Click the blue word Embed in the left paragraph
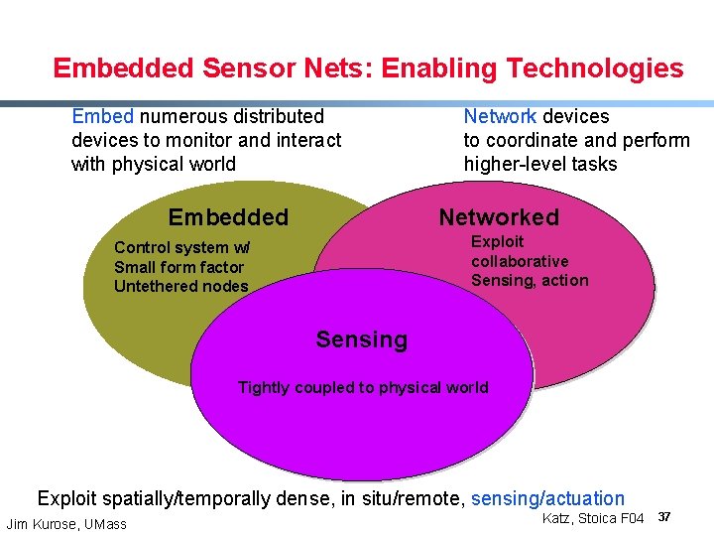[102, 116]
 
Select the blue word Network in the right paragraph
[500, 116]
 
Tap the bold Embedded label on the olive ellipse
[228, 217]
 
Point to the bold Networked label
[499, 217]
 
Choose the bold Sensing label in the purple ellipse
[361, 339]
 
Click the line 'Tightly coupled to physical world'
[363, 387]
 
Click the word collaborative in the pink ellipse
[520, 261]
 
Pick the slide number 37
[664, 518]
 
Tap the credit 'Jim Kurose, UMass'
[66, 524]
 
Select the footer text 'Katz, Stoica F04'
[593, 518]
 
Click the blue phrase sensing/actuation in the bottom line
[547, 498]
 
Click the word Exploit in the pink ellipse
[497, 241]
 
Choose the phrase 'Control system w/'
[182, 247]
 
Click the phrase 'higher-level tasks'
[539, 164]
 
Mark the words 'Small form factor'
[178, 267]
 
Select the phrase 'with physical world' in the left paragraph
[154, 164]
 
